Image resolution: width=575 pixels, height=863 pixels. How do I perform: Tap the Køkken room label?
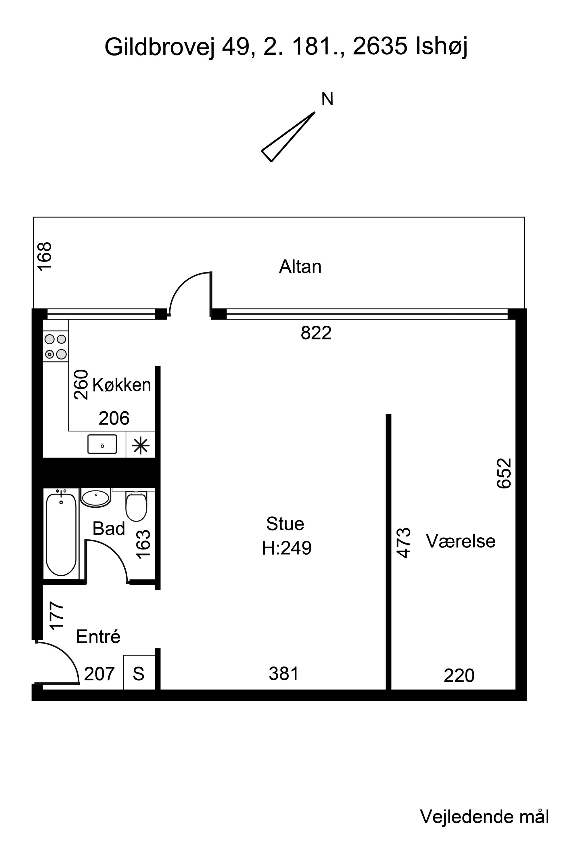tap(121, 385)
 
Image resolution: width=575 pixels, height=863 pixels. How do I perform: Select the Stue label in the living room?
tap(285, 524)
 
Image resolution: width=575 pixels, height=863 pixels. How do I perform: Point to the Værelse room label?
tap(460, 541)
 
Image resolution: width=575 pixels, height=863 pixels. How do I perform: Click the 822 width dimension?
tap(316, 333)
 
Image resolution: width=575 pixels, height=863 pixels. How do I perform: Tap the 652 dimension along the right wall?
tap(504, 473)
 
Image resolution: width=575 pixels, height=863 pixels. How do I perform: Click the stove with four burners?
tap(55, 346)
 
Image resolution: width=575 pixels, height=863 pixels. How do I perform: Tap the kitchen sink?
tap(102, 444)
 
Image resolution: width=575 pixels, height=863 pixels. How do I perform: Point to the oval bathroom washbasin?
tap(96, 498)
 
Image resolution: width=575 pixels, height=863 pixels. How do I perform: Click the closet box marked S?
tap(139, 672)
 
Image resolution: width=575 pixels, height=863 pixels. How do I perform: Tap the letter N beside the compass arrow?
tap(327, 99)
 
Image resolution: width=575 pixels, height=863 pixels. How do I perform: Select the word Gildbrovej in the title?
tap(159, 47)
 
